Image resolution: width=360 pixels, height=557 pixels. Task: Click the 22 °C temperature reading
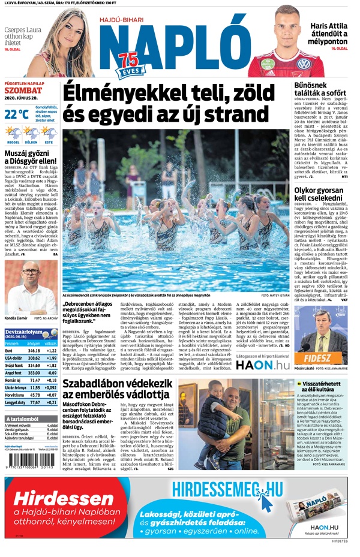click(x=17, y=113)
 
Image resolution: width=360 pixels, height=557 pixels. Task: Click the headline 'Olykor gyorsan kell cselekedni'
click(x=318, y=193)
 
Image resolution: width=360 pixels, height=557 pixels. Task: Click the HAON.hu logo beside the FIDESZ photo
click(x=262, y=365)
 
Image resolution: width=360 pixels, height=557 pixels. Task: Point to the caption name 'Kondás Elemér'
click(x=15, y=318)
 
